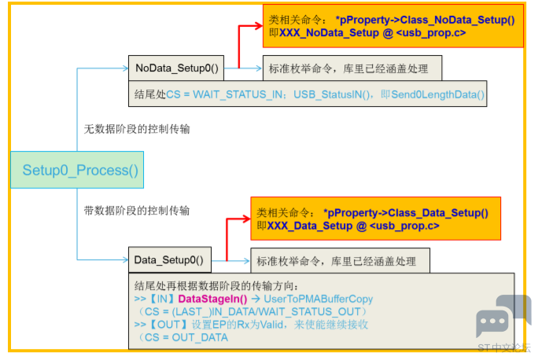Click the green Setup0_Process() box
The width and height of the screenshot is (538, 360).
77,170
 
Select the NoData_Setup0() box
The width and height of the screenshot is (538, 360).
176,68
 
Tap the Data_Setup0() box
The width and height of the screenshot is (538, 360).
170,260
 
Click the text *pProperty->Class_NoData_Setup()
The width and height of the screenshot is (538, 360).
425,20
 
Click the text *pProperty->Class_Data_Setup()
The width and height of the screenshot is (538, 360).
406,213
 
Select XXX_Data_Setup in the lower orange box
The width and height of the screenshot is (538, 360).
309,226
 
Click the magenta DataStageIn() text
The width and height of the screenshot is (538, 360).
212,299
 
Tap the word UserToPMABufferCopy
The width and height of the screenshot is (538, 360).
318,299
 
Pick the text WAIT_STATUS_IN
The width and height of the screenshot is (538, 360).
238,94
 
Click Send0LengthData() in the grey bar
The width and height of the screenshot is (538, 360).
437,94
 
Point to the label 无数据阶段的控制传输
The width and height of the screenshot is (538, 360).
137,129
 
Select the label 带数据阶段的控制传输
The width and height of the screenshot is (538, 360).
137,210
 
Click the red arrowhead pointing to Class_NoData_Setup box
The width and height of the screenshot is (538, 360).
258,26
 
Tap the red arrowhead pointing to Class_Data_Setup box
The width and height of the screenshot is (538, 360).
246,219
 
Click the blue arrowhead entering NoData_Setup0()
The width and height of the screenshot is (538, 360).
125,68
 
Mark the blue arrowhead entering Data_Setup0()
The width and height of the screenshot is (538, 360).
125,259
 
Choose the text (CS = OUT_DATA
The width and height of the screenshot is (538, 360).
183,338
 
